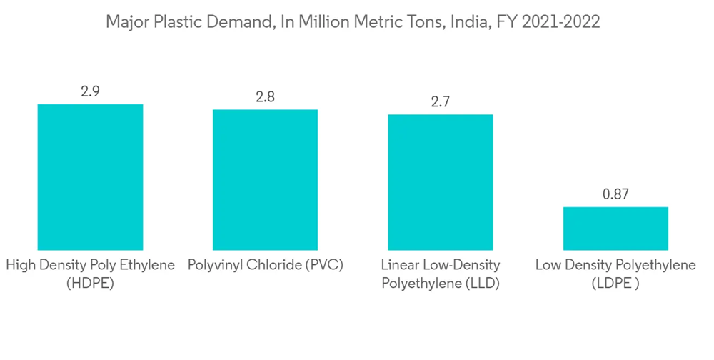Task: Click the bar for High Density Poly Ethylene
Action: pyautogui.click(x=90, y=177)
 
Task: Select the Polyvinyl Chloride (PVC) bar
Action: pyautogui.click(x=265, y=179)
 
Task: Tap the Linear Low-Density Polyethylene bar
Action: pyautogui.click(x=440, y=182)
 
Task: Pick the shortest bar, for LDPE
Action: pyautogui.click(x=615, y=229)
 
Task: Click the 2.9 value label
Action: pyautogui.click(x=90, y=91)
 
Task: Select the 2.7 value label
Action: pyautogui.click(x=440, y=101)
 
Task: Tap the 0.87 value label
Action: pyautogui.click(x=615, y=194)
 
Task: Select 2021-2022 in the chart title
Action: pyautogui.click(x=561, y=22)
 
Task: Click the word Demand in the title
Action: pyautogui.click(x=238, y=22)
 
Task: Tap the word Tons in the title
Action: pyautogui.click(x=425, y=22)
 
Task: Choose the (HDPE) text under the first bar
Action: pyautogui.click(x=90, y=284)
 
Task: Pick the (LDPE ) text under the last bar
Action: pyautogui.click(x=615, y=284)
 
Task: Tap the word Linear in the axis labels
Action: pyautogui.click(x=400, y=265)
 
